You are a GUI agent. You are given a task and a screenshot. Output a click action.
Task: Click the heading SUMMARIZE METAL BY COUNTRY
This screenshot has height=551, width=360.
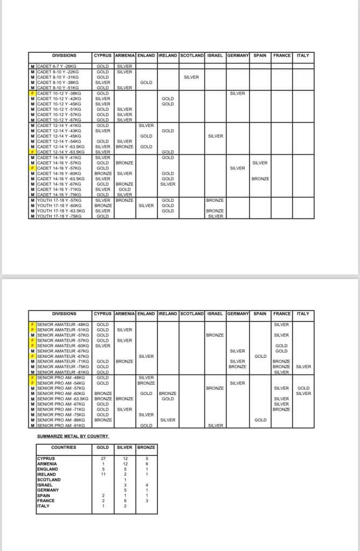73,436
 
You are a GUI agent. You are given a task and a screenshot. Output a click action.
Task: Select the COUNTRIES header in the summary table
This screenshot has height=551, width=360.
63,447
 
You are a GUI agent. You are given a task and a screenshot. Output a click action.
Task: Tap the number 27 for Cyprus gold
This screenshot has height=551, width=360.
102,458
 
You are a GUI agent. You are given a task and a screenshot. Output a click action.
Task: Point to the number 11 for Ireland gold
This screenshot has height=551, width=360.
102,474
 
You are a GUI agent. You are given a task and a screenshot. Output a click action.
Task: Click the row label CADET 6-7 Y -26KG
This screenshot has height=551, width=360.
57,66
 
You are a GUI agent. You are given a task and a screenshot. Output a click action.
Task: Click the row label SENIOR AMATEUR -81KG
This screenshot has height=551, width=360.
62,372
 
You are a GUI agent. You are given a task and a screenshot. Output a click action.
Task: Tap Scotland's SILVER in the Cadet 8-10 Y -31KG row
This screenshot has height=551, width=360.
191,77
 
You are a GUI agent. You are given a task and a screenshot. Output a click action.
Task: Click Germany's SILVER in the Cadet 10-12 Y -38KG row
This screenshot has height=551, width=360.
237,93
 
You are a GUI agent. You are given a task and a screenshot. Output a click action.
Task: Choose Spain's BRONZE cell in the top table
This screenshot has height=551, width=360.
260,179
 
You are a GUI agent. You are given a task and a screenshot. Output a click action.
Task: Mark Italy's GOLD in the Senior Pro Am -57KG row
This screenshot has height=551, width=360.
303,388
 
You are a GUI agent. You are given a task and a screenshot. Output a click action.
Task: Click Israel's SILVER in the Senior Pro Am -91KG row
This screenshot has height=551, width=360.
215,426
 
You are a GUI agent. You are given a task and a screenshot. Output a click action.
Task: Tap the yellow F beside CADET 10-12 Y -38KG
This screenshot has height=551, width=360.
33,93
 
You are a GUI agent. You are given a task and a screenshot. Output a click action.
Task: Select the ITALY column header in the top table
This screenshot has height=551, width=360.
303,55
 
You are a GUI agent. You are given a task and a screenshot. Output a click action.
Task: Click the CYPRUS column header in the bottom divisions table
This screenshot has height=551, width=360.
103,314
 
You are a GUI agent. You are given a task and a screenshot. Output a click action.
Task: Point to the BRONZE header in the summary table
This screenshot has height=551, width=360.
146,447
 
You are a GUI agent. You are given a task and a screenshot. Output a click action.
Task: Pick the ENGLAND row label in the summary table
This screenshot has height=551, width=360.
47,469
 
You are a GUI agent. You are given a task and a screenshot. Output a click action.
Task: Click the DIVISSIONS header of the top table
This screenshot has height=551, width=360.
64,55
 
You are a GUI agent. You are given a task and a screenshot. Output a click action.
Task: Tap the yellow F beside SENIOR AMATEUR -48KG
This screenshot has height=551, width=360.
33,324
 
